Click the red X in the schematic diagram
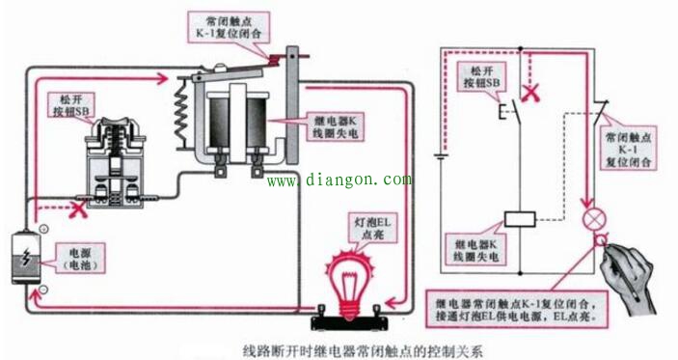(529, 95)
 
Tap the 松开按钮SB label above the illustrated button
(70, 104)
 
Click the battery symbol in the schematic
(440, 153)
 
